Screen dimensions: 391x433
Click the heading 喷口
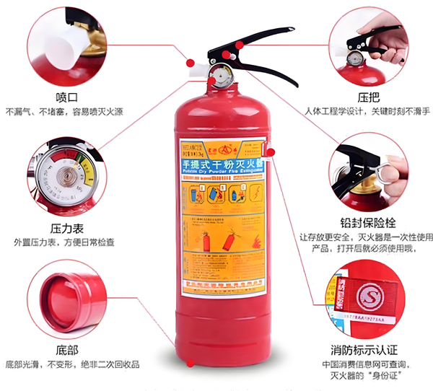pyautogui.click(x=66, y=97)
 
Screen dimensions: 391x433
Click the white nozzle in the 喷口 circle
pyautogui.click(x=62, y=48)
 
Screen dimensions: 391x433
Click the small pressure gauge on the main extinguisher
pyautogui.click(x=221, y=72)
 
